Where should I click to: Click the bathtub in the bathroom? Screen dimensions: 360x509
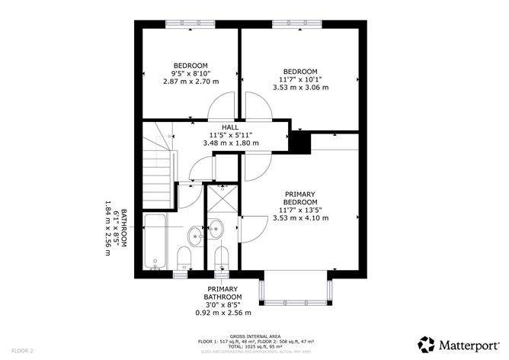155,243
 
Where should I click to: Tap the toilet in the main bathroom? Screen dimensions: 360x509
184,259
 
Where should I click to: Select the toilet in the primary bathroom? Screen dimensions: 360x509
222,259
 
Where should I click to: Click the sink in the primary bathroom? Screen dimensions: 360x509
216,227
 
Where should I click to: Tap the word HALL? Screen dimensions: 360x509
230,127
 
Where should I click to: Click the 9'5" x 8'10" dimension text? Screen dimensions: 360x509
190,73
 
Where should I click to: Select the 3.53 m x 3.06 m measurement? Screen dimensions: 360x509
300,87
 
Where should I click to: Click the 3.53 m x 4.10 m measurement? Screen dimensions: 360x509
300,218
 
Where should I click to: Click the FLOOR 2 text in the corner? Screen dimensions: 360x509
21,351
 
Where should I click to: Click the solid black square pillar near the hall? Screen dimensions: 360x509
299,142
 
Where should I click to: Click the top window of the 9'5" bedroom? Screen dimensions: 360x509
190,24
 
